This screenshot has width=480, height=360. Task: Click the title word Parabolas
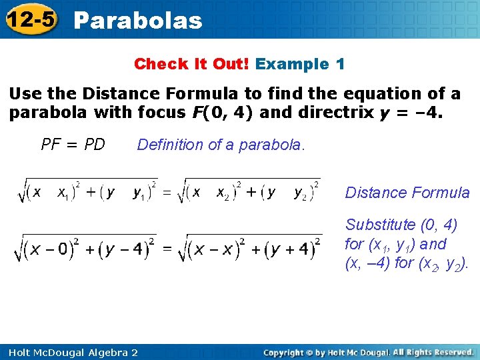tap(138, 21)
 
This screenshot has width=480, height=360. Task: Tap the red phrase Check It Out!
tap(191, 65)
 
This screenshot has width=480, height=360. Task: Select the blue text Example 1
tap(300, 65)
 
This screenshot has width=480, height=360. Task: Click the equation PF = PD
tap(73, 145)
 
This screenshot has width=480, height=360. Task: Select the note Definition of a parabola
tap(221, 145)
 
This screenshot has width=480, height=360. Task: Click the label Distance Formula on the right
tap(407, 193)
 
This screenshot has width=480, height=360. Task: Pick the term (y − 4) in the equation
tap(124, 250)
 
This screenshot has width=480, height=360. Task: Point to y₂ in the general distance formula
tap(302, 193)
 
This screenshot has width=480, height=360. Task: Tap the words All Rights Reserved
tap(433, 352)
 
